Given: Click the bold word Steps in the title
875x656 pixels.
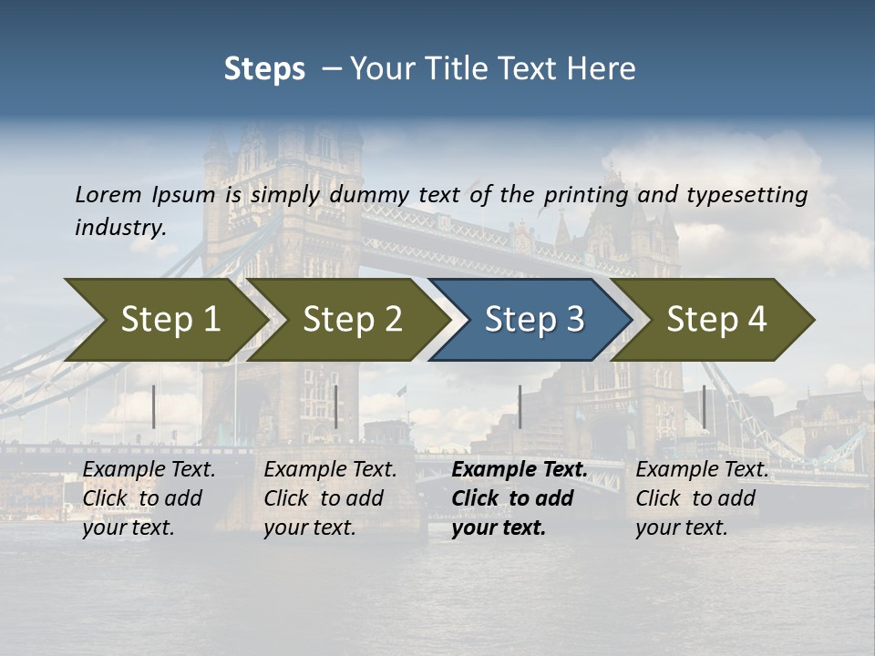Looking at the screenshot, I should [x=264, y=69].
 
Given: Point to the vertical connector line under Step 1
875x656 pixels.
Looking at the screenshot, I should [x=154, y=406].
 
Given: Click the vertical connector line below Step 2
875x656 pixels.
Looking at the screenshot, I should [x=336, y=406].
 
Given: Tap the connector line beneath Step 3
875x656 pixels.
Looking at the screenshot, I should [x=520, y=406].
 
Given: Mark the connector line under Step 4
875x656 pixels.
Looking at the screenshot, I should [x=704, y=406].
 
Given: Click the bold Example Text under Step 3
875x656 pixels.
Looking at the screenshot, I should [x=520, y=470].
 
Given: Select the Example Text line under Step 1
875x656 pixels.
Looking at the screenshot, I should [x=149, y=470].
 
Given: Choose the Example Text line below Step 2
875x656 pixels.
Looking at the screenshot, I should [x=330, y=470].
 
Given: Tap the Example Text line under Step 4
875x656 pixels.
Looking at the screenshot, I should [x=702, y=470].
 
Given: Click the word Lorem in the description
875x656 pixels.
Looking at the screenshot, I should [x=108, y=194].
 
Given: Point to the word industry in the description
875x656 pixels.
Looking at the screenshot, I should [x=119, y=227].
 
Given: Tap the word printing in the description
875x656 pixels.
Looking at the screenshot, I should [x=586, y=194].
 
